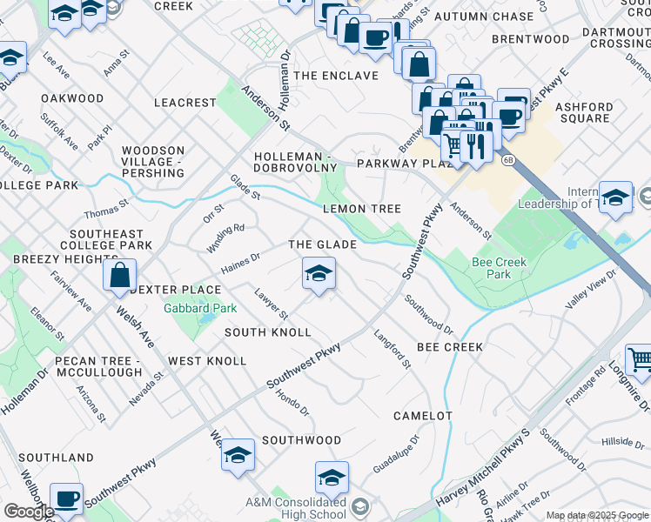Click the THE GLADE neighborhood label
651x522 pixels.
tap(322, 245)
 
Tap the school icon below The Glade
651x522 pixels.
tap(319, 275)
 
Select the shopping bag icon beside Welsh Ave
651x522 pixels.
tap(119, 276)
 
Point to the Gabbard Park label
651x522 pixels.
tap(201, 308)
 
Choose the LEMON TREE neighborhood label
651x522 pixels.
tap(361, 209)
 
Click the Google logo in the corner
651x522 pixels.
tap(29, 512)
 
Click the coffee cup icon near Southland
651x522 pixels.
tap(66, 499)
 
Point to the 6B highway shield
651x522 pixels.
tap(508, 159)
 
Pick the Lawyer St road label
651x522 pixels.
tap(271, 304)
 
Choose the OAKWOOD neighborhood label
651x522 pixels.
tap(72, 98)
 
